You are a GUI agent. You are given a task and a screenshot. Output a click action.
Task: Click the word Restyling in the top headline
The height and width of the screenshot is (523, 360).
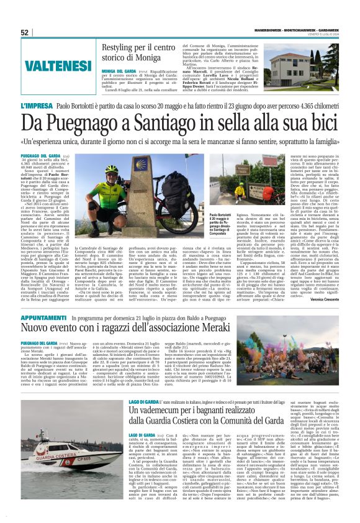(119, 47)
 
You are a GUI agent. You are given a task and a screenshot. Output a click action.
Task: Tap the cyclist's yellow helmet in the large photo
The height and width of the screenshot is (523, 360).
(111, 168)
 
